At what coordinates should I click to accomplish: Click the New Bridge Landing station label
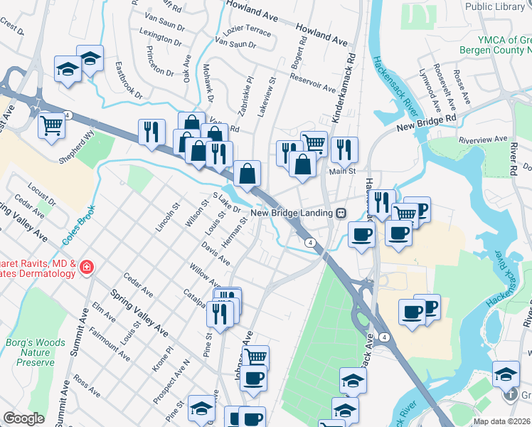pos(292,213)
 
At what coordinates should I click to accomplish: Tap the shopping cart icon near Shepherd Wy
pos(52,126)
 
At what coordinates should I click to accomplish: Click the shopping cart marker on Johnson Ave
pos(255,357)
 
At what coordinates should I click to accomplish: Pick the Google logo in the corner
pos(23,418)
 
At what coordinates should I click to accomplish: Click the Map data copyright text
pos(501,421)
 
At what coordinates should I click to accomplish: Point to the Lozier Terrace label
pos(247,33)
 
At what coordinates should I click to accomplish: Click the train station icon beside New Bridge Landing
pos(341,213)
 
